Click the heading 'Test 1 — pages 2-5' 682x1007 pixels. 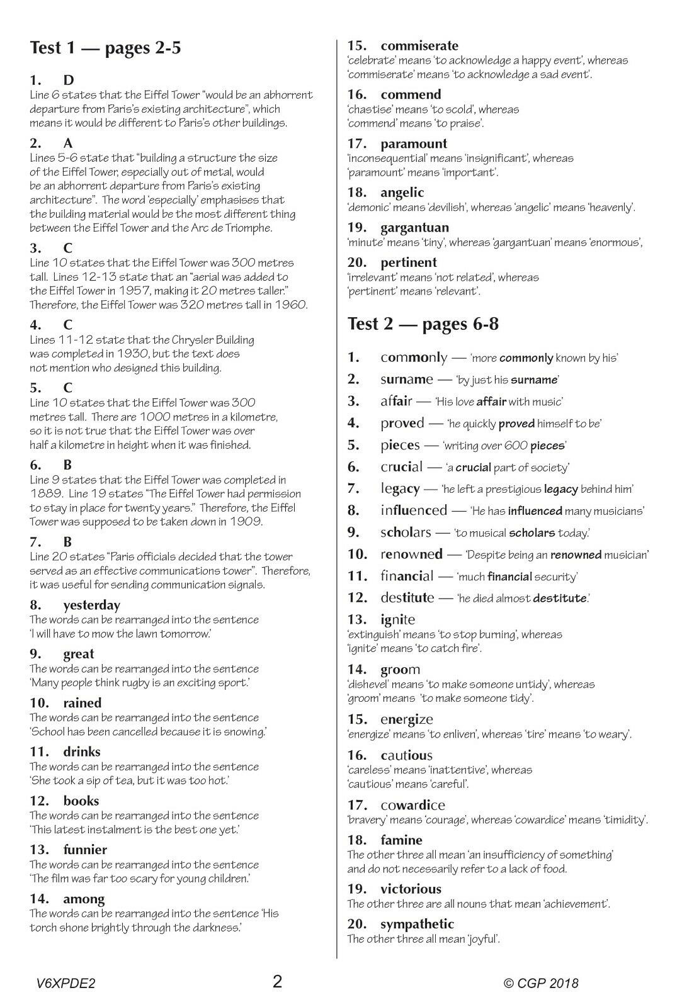105,48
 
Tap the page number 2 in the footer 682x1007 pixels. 277,981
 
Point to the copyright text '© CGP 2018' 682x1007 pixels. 541,983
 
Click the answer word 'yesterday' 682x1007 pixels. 91,605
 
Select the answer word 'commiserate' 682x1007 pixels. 419,46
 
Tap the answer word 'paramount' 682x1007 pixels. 414,144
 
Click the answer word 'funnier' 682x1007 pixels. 85,850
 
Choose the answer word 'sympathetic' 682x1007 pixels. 417,925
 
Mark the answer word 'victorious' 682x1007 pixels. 411,889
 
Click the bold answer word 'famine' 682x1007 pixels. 401,840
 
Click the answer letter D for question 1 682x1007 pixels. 69,80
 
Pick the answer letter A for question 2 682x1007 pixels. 68,143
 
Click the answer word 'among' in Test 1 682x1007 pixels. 84,899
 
